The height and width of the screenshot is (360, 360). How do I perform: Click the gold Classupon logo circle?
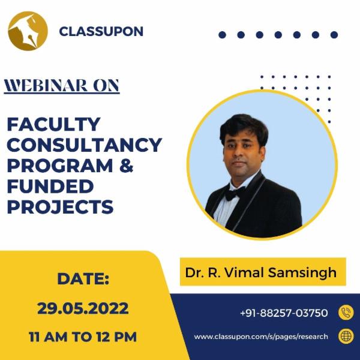coord(28,31)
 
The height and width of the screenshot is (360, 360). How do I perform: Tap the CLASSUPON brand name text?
coord(101,31)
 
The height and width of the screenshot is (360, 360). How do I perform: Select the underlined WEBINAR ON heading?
coord(62,86)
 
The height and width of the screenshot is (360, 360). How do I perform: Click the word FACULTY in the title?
coord(53,125)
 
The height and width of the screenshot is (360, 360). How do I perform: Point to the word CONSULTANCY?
coord(84,145)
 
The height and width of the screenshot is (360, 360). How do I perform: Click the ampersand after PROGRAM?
coord(126,166)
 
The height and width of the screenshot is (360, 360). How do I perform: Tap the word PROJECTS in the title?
coord(60,206)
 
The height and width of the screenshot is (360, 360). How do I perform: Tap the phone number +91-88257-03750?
coord(284,313)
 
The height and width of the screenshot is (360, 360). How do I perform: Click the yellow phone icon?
coord(346,313)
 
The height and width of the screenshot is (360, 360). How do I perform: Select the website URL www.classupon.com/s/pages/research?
coord(261,337)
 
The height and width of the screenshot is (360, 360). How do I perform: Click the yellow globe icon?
coord(346,336)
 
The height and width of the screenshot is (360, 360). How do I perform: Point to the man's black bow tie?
coord(234,193)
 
